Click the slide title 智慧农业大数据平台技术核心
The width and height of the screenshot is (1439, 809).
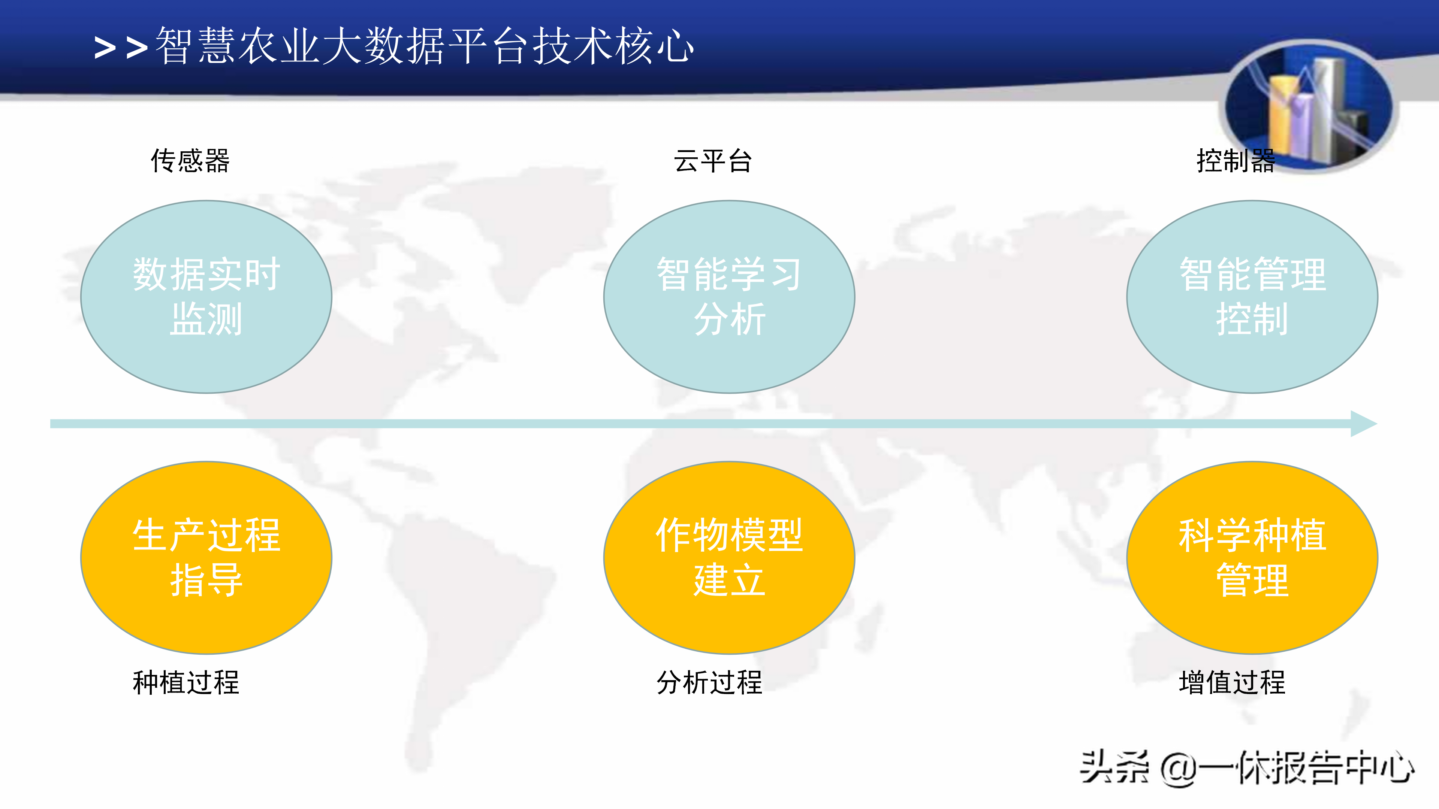tap(425, 46)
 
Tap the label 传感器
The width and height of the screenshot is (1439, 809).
tap(190, 161)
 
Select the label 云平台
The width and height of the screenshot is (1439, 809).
tap(713, 161)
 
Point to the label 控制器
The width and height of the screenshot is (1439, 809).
tap(1236, 161)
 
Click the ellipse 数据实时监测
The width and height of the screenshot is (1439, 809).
tap(206, 297)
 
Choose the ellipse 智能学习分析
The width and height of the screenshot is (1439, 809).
tap(729, 297)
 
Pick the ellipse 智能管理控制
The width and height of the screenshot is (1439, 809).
tap(1252, 297)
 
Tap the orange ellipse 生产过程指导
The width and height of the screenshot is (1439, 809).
tap(206, 557)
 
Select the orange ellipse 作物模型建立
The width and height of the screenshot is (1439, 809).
tap(729, 557)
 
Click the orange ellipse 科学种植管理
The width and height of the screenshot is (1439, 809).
tap(1252, 557)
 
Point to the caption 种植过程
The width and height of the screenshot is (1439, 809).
tap(186, 682)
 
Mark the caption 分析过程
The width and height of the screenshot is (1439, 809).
tap(709, 682)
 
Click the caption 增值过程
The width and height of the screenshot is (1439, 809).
tap(1232, 682)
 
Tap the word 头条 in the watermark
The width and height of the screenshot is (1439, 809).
tap(1114, 768)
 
